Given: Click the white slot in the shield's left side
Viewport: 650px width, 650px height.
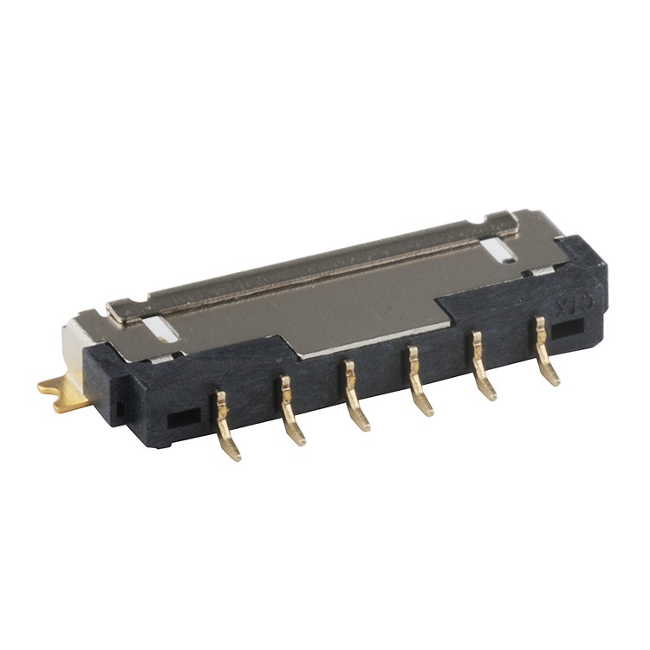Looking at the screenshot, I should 159,328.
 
